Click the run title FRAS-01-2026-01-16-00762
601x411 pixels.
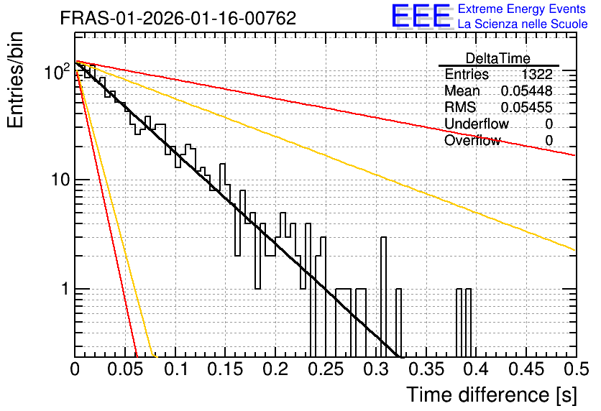pyautogui.click(x=178, y=18)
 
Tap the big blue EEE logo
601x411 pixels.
pyautogui.click(x=421, y=17)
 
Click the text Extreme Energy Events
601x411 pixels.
pyautogui.click(x=522, y=9)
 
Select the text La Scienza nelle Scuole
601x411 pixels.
pyautogui.click(x=523, y=24)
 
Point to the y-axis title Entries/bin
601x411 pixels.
pyautogui.click(x=15, y=80)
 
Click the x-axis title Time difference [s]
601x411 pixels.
pyautogui.click(x=492, y=394)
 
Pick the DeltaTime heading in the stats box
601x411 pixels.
pyautogui.click(x=498, y=58)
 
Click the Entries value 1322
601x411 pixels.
pyautogui.click(x=536, y=74)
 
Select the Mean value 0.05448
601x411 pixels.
pyautogui.click(x=527, y=91)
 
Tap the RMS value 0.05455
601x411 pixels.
pyautogui.click(x=527, y=107)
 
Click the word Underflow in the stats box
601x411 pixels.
pyautogui.click(x=477, y=124)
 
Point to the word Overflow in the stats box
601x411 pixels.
pyautogui.click(x=472, y=140)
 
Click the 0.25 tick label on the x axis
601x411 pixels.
pyautogui.click(x=326, y=369)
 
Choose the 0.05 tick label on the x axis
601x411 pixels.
pyautogui.click(x=125, y=369)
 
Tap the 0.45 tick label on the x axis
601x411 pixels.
pyautogui.click(x=527, y=369)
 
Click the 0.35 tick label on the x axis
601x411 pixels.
pyautogui.click(x=426, y=369)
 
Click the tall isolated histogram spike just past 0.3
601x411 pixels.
pyautogui.click(x=383, y=297)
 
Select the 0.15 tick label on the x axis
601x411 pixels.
pyautogui.click(x=226, y=369)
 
